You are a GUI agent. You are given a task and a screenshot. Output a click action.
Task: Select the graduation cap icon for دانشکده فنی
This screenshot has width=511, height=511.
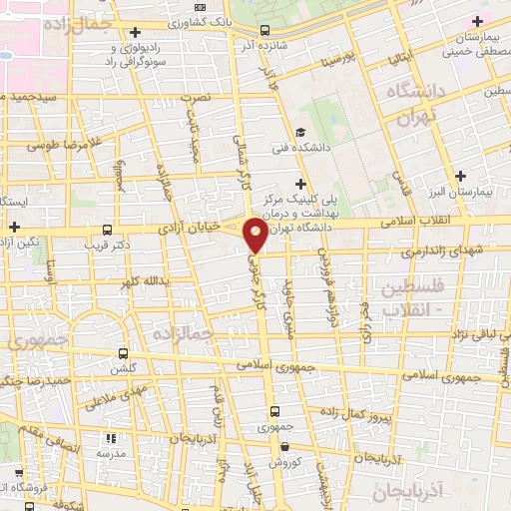299,133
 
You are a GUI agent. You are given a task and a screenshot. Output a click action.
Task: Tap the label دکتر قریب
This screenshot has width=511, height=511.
109,243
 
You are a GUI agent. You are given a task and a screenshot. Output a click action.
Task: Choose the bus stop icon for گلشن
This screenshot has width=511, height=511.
123,353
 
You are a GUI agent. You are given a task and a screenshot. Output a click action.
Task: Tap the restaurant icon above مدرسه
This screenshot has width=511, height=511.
112,437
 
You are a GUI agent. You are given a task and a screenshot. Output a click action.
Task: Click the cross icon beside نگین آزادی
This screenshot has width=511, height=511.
14,228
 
